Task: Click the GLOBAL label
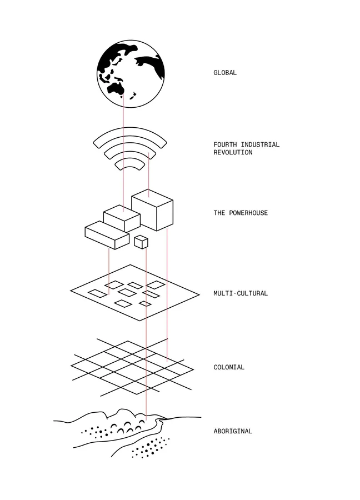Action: (225, 72)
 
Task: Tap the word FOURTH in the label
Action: (226, 144)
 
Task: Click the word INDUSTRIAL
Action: (259, 144)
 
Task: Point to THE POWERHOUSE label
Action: (241, 213)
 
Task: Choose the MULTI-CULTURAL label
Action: (241, 293)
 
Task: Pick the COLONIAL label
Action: (229, 367)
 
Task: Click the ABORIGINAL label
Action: (233, 431)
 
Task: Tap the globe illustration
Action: (131, 73)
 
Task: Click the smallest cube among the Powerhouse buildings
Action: (141, 242)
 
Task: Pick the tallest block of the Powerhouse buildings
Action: (153, 209)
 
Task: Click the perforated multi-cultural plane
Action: (134, 293)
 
